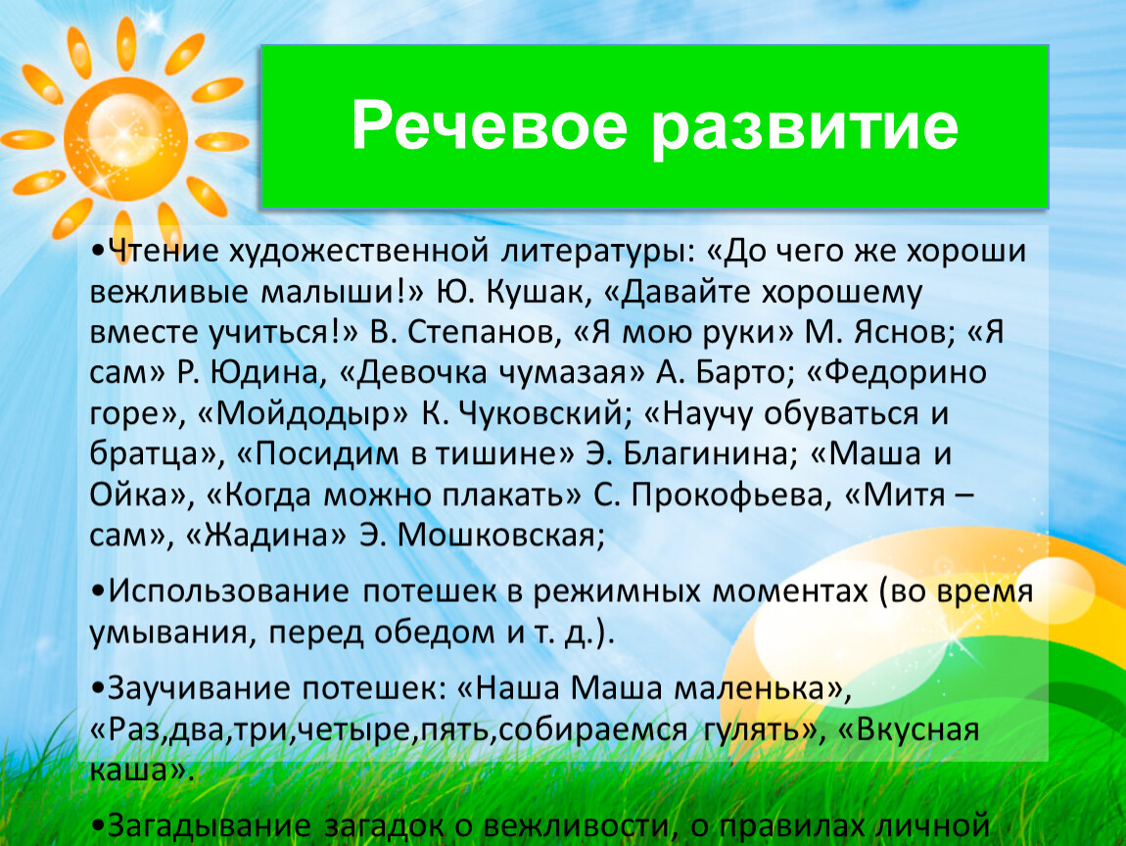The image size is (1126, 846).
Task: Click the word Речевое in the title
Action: pyautogui.click(x=490, y=125)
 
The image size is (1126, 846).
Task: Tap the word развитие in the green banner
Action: pyautogui.click(x=805, y=129)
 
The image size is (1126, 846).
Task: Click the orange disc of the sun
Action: pyautogui.click(x=125, y=139)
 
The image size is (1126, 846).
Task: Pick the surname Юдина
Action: pyautogui.click(x=265, y=373)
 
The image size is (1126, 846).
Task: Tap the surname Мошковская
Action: pyautogui.click(x=501, y=535)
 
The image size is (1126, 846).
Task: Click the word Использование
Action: pyautogui.click(x=228, y=591)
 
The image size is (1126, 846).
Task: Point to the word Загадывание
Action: pyautogui.click(x=209, y=825)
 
